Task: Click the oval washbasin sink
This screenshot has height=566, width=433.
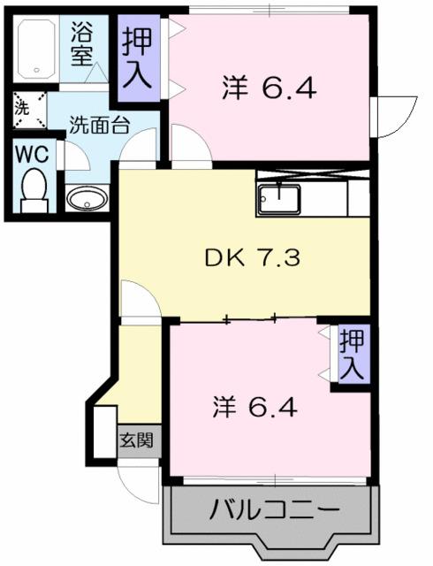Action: [86, 198]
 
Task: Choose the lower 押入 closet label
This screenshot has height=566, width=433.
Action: [352, 354]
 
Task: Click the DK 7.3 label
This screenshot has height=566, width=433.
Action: [240, 259]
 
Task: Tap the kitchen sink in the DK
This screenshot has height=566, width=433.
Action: [278, 198]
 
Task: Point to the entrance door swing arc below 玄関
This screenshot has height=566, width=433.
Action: [137, 478]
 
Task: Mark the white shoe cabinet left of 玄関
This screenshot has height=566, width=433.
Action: [105, 431]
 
